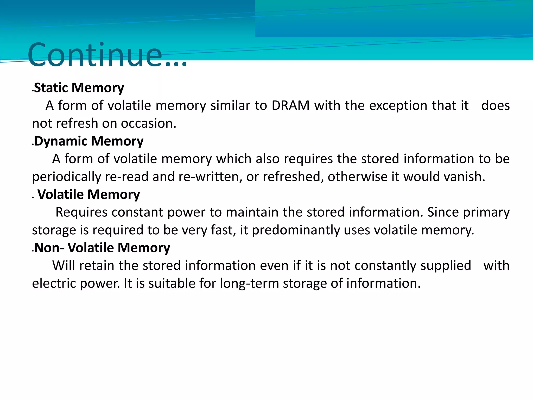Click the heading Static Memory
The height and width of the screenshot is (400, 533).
point(79,88)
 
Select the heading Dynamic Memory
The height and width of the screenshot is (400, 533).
point(89,141)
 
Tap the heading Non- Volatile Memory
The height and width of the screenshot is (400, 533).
point(102,248)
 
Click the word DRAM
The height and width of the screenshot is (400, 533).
point(290,106)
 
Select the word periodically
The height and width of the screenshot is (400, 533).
point(66,177)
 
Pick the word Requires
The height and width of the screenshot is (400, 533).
point(81,212)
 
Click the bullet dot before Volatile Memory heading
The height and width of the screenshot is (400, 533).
point(33,198)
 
